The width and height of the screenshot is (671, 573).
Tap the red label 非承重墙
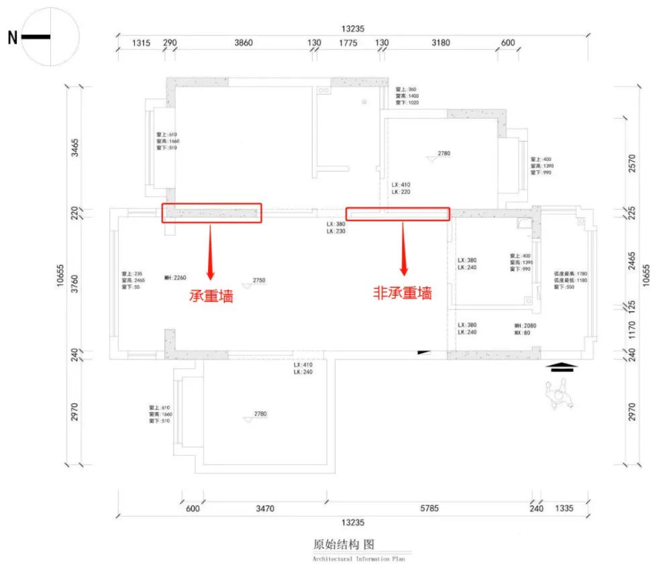point(403,293)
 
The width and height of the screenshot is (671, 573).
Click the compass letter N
point(13,38)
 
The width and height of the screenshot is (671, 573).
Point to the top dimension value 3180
point(440,43)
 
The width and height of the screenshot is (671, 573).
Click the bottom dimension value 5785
point(429,509)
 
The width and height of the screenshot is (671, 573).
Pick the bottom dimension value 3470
point(265,509)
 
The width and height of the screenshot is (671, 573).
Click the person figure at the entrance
point(559,393)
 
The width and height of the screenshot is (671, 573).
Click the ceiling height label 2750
point(260,280)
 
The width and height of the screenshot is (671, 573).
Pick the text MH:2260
point(174,276)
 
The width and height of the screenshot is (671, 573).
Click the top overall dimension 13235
point(353,28)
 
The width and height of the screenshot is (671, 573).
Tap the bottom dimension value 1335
point(564,509)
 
